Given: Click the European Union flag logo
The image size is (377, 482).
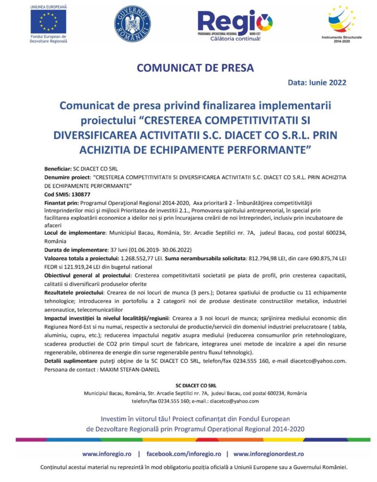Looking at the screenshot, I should (48, 22).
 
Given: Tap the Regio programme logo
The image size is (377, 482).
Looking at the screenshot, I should (235, 24).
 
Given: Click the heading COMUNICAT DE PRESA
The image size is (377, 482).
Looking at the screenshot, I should (187, 68).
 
